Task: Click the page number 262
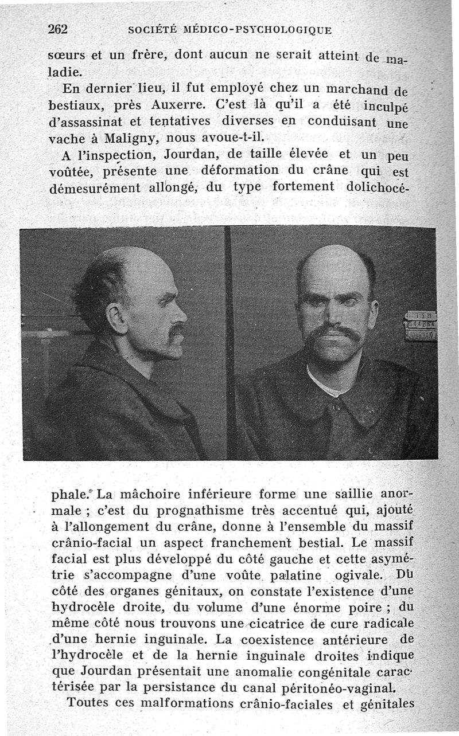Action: pos(58,29)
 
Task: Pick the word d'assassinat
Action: pos(86,122)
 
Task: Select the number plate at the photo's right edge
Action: pos(421,326)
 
